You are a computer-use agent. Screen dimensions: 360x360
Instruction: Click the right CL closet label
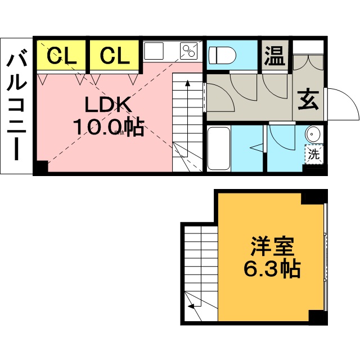coord(115,55)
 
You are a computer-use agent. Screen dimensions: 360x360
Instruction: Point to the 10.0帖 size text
coord(108,128)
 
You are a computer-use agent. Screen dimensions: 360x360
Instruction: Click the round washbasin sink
coord(313,135)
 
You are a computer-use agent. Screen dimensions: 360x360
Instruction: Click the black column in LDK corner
coord(40,168)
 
